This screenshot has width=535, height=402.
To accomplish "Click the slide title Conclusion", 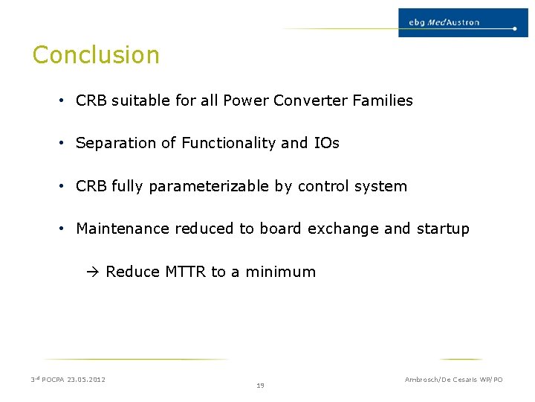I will click(96, 55).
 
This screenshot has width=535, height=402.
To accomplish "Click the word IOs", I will click(325, 143).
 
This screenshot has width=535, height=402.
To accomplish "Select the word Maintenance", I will click(123, 229).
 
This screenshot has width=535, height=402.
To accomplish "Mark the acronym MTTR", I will click(185, 272).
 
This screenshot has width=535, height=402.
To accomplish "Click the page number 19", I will click(260, 386).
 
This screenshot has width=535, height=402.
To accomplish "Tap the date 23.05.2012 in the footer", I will click(86, 380).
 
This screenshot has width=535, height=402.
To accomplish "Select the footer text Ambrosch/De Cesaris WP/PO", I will click(453, 380).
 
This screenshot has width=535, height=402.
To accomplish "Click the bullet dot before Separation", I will click(62, 143).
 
